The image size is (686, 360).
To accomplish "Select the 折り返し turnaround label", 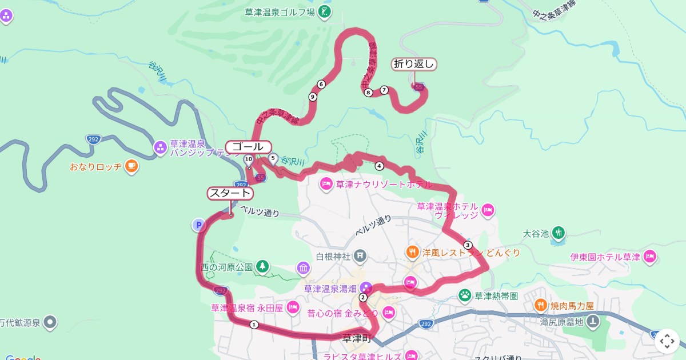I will point(414,64).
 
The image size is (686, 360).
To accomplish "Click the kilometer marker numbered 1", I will point(254,325).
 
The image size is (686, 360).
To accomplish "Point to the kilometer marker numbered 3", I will point(468,245).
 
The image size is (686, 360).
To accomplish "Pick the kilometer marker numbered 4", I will point(379,166).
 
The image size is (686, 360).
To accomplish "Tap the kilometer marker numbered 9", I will point(313,97).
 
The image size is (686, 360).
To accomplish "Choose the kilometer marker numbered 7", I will point(384,90).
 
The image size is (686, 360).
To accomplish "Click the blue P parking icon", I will point(198,225).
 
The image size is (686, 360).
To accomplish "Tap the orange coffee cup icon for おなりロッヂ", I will point(131,166).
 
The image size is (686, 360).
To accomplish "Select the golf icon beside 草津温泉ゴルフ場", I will point(325,11).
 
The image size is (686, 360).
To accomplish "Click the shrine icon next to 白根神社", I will point(360,255).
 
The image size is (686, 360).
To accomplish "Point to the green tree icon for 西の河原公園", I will point(262,266).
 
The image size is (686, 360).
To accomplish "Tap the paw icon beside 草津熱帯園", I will point(465,295).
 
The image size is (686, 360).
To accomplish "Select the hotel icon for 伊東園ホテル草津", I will point(649,257).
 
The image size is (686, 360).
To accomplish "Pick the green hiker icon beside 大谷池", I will point(559,233).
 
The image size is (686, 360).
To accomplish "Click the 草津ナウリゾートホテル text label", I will point(376,185).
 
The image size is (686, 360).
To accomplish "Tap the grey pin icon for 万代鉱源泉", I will point(51,323).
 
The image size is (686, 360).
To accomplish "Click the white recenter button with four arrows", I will point(667,341).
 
